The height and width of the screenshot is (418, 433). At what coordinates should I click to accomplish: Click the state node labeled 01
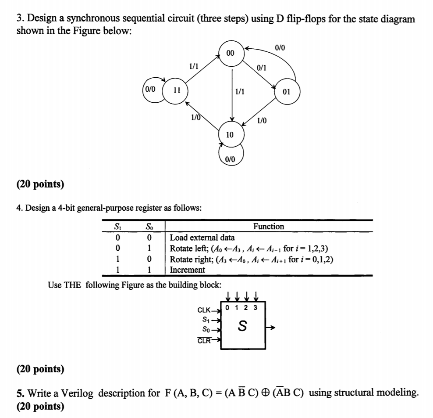[x=286, y=92]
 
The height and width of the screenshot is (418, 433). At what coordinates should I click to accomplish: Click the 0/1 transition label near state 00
[x=262, y=68]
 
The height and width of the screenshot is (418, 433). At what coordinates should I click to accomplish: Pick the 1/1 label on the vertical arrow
[x=240, y=92]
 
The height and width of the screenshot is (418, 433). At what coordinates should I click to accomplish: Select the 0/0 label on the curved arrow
[x=280, y=47]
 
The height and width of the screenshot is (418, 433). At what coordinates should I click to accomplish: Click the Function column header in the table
[x=268, y=227]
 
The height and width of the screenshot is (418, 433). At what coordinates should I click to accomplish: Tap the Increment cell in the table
[x=187, y=270]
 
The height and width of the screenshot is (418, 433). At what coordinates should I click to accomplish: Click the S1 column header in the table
[x=116, y=227]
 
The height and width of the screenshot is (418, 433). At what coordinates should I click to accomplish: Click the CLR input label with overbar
[x=204, y=340]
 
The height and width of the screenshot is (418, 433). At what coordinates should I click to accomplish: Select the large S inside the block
[x=242, y=327]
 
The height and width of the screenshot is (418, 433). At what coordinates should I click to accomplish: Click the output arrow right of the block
[x=272, y=328]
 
